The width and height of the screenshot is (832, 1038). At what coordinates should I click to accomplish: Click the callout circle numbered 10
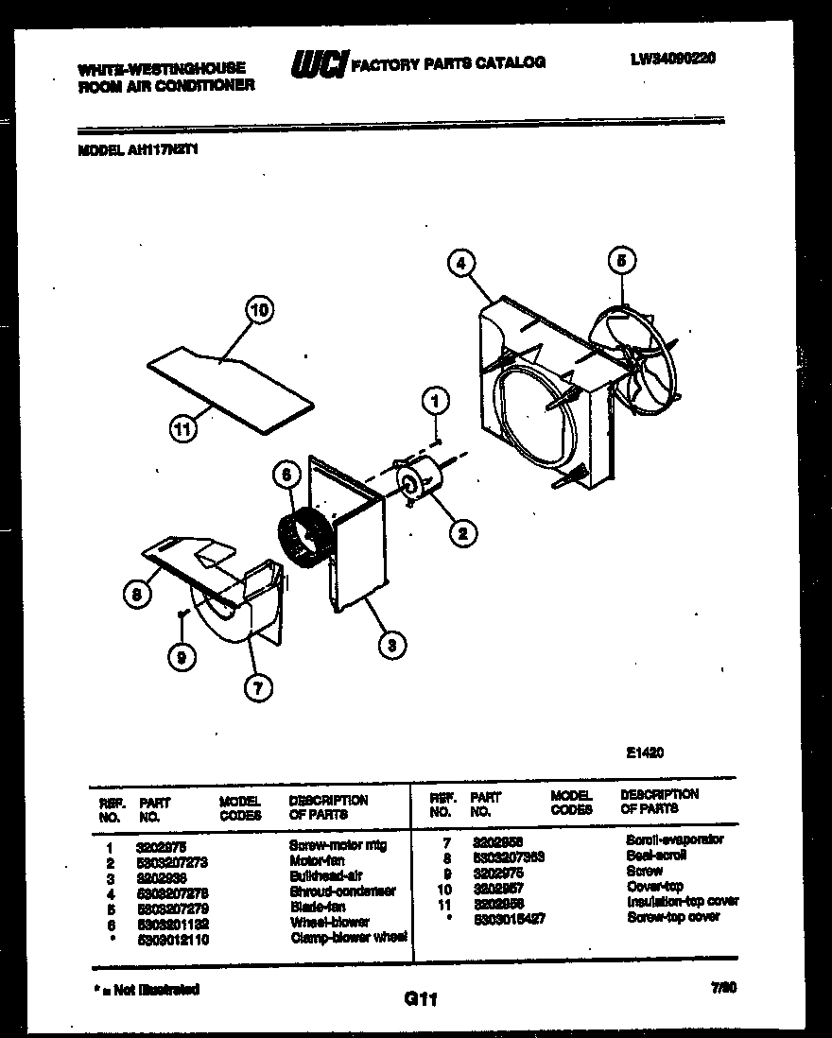pos(259,309)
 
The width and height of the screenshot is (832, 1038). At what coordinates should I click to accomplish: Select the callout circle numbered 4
pos(461,264)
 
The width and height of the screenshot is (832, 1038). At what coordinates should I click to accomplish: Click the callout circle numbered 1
pos(434,401)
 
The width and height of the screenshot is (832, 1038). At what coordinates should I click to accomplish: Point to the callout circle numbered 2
pos(462,534)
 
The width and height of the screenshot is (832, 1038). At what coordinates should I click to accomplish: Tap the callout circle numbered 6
pos(285,476)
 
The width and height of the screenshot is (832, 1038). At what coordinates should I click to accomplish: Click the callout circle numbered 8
pos(137,594)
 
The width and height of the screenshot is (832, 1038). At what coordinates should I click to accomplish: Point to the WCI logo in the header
pos(319,63)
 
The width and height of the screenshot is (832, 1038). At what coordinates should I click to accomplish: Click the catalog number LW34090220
pos(672,58)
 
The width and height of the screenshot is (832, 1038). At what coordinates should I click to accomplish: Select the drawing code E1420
pos(645,753)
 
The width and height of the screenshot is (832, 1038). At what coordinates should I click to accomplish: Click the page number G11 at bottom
pos(420,998)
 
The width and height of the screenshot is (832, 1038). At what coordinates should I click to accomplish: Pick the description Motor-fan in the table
pos(317,861)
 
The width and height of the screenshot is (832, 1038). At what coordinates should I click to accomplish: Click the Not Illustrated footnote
pos(147,989)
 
